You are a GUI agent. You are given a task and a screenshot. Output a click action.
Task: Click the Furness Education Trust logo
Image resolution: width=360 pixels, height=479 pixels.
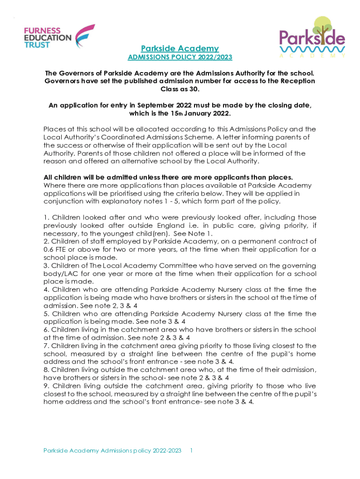pos(58,37)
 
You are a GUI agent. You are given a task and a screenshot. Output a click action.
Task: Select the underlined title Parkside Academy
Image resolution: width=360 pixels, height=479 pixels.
pos(180,49)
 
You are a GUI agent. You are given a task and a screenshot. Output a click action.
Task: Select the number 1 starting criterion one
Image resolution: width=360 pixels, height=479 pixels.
pos(45,218)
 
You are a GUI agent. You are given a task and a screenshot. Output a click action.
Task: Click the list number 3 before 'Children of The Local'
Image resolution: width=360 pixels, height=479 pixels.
pos(45,265)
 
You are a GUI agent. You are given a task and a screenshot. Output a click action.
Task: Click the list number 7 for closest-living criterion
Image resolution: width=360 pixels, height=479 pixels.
pos(45,345)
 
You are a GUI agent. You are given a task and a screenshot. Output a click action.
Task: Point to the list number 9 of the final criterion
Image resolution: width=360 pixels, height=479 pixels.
pos(45,385)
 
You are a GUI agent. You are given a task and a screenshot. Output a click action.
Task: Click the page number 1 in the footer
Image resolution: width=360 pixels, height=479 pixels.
pos(192,450)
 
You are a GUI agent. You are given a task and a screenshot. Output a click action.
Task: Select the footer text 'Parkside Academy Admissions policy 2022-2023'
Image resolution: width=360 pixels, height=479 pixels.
pos(112,450)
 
